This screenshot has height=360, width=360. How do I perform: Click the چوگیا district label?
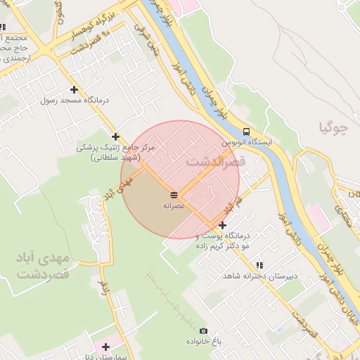334,128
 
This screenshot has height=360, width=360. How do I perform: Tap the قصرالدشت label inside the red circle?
216,161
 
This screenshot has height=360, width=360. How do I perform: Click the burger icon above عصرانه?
174,194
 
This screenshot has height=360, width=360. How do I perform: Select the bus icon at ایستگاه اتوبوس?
246,131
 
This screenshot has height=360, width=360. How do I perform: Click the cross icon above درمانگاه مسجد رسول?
74,89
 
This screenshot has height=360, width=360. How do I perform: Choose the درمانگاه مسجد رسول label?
74,101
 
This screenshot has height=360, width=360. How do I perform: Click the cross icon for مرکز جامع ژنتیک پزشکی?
116,136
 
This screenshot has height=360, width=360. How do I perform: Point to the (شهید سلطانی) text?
117,158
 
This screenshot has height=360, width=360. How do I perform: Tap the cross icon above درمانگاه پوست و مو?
222,225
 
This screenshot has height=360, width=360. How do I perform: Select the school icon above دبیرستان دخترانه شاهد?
259,265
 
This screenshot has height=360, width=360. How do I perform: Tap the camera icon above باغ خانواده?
203,330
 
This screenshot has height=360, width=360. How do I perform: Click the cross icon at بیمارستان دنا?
105,347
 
